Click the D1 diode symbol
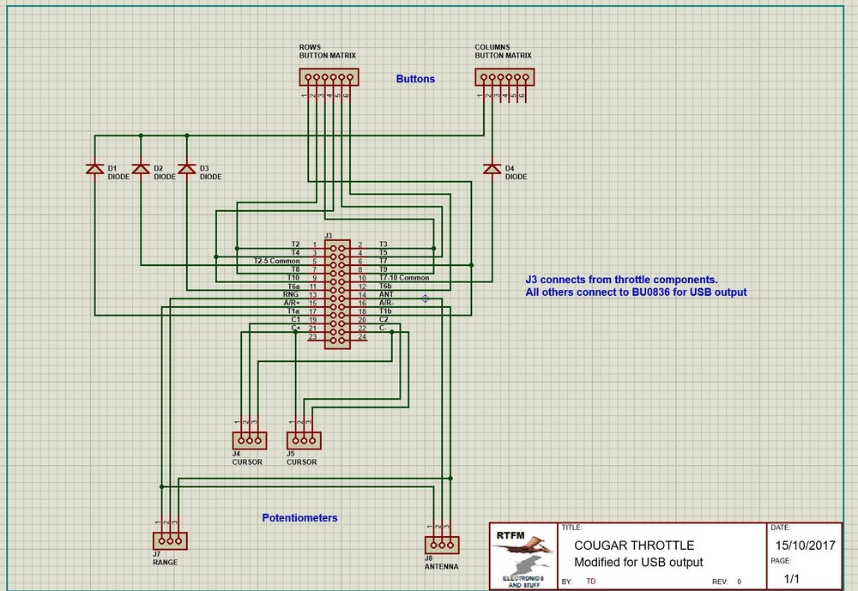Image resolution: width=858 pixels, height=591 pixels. tap(94, 169)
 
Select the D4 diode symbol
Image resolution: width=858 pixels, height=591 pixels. tap(492, 169)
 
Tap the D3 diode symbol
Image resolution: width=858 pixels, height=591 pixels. tap(186, 169)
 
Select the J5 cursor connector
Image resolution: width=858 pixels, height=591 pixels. tap(303, 440)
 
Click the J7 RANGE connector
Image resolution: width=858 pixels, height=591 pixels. tap(169, 540)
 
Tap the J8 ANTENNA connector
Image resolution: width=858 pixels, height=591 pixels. tap(442, 544)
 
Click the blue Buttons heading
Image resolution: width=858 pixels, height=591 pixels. tap(415, 79)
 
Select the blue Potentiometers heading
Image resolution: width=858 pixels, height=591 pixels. tap(299, 518)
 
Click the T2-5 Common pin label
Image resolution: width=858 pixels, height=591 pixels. tap(276, 261)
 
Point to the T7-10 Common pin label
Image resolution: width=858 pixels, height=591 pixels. tap(404, 278)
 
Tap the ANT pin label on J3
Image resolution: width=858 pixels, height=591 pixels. tap(386, 294)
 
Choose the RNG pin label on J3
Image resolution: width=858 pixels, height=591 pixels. tap(291, 294)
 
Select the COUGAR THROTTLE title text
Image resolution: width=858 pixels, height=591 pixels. tap(634, 546)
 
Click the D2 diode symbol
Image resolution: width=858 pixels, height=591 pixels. tap(141, 169)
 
